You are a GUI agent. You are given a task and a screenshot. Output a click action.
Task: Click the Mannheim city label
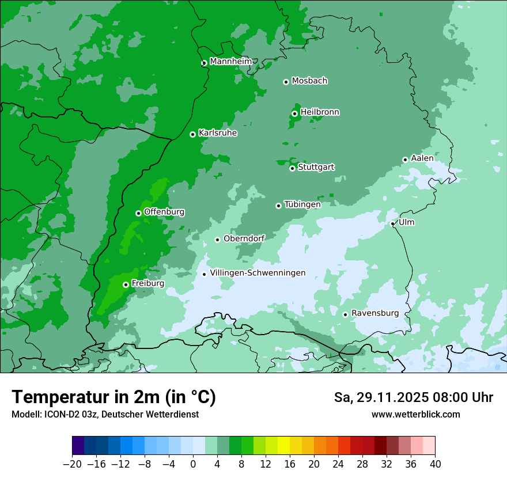(230, 62)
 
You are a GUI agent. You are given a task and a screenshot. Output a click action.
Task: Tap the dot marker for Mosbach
(286, 82)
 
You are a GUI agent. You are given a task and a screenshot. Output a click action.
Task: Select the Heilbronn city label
(320, 112)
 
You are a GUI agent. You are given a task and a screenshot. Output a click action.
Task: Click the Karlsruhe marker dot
(192, 134)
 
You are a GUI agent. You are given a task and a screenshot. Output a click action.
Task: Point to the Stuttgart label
(316, 168)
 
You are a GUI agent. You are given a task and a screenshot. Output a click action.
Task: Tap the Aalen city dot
(405, 160)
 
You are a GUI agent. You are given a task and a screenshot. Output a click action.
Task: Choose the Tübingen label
(302, 204)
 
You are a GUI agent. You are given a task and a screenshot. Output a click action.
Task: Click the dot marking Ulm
(392, 223)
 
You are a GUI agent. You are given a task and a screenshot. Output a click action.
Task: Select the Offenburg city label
(164, 212)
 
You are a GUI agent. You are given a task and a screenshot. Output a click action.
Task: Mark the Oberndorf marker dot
(217, 240)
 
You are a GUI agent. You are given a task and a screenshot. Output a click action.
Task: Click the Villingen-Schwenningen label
(258, 273)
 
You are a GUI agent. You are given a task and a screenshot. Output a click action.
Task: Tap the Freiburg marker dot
(126, 284)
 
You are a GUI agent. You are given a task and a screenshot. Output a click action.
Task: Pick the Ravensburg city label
(375, 313)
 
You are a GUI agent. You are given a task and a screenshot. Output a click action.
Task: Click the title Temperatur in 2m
(113, 397)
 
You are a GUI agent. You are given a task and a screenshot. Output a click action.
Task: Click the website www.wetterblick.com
(415, 414)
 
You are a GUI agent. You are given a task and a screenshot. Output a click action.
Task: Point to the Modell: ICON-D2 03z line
(105, 414)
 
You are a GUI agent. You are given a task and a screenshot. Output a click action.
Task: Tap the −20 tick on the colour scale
(73, 464)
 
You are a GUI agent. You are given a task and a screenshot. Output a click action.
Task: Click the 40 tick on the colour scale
(435, 464)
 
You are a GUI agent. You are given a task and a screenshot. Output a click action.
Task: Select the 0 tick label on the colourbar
(193, 464)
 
